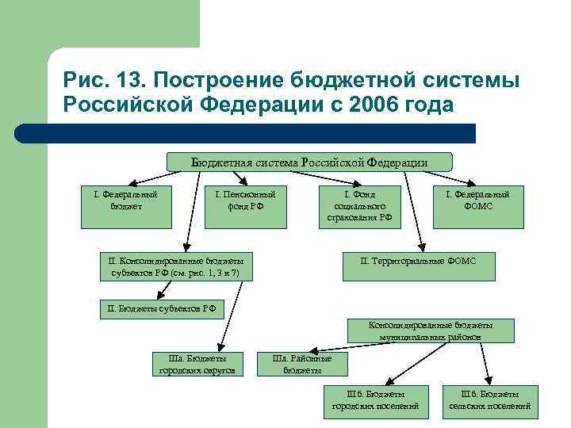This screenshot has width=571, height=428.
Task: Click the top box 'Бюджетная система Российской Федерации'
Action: (309, 162)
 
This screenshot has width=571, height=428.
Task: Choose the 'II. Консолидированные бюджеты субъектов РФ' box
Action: (175, 266)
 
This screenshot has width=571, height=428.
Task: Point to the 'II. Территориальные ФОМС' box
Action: (418, 260)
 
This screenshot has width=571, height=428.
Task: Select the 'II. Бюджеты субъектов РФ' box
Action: (162, 308)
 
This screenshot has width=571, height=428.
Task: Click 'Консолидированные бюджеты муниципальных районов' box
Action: (431, 331)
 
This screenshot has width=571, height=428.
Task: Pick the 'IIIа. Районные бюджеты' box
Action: (302, 364)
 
